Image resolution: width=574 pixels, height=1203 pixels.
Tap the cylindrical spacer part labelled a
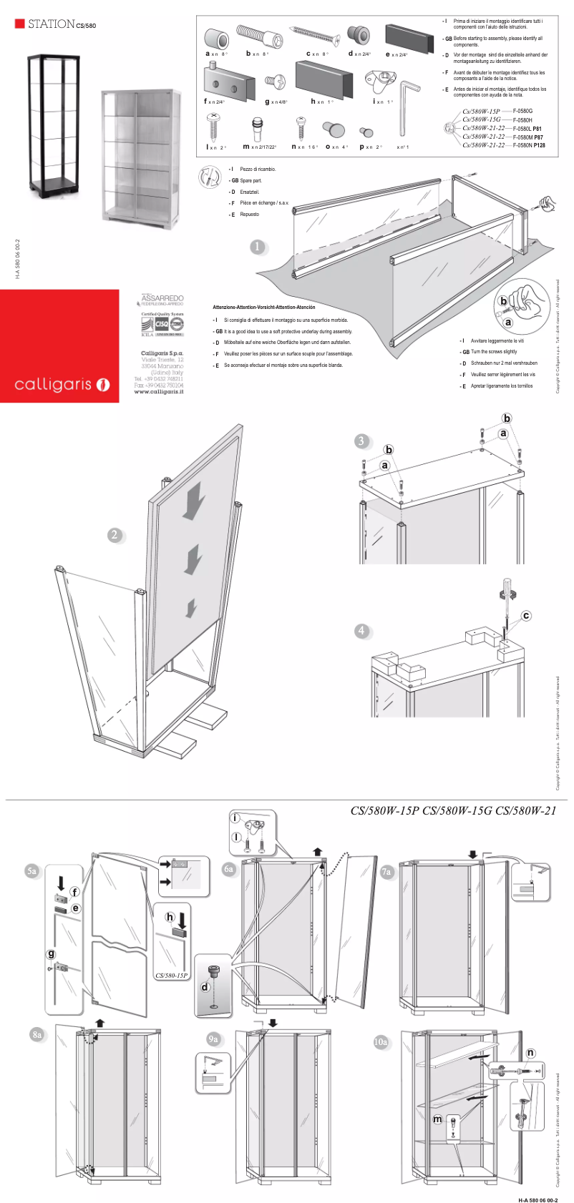tap(215, 38)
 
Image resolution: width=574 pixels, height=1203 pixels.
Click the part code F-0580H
tap(522, 120)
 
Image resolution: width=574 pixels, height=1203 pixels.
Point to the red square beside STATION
tap(19, 24)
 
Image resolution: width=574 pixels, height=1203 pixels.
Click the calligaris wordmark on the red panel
tap(54, 385)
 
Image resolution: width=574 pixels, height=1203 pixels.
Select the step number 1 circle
tap(258, 247)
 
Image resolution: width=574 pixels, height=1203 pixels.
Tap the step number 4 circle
tap(361, 631)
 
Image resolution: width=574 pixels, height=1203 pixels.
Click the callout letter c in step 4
tap(526, 615)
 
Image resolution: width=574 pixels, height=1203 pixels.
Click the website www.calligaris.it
tap(158, 392)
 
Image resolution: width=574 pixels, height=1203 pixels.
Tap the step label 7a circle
tap(387, 872)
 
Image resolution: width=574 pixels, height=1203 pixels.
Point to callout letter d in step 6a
tap(205, 987)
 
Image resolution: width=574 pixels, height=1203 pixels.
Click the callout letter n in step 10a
tap(530, 1053)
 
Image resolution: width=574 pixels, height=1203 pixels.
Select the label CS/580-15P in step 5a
tap(171, 976)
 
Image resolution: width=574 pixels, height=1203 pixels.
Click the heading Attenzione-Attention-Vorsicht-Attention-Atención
tap(263, 307)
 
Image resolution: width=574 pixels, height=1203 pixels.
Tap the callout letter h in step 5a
tap(170, 917)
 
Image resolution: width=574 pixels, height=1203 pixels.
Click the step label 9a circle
tap(213, 1039)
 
